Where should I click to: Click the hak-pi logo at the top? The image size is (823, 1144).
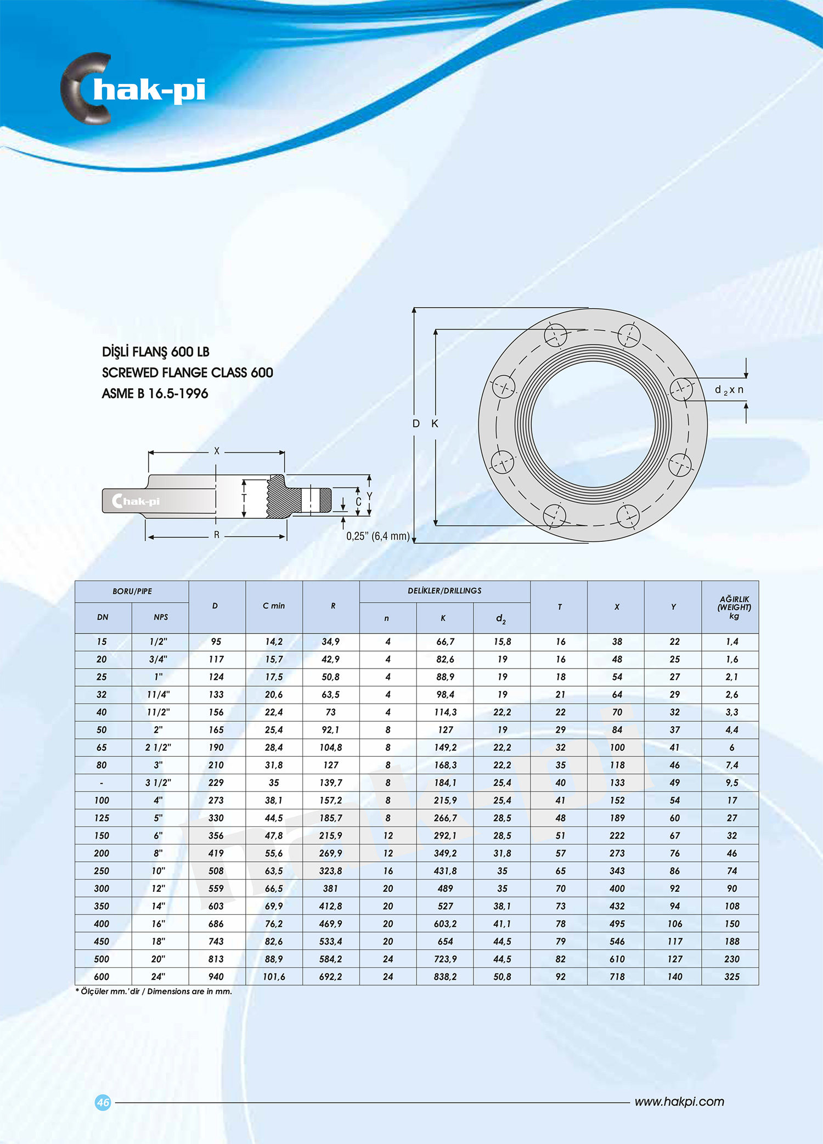(133, 89)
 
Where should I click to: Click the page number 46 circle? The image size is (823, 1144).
(103, 1102)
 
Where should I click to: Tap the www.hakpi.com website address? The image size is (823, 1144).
(679, 1102)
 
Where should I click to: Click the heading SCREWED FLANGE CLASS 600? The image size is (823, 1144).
(187, 373)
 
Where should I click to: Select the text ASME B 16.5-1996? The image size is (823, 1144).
(155, 394)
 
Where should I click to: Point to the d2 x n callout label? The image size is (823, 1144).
(729, 390)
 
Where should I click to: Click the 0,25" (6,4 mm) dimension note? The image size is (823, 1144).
(378, 536)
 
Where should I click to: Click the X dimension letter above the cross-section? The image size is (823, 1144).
(217, 451)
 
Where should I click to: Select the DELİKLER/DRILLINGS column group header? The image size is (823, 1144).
(444, 591)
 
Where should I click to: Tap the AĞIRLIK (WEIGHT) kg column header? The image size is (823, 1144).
(734, 607)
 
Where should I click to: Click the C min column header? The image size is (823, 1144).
(274, 606)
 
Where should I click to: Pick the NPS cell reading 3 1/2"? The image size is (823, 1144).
(158, 783)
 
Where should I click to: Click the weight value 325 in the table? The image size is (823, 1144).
(731, 977)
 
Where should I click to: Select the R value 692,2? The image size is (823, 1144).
(330, 977)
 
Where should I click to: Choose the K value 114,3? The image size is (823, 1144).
(445, 712)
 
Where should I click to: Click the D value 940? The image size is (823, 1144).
(216, 977)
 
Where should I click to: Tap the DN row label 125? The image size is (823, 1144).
(102, 818)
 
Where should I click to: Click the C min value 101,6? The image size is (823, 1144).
(274, 977)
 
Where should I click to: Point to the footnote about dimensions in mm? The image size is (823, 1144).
(154, 992)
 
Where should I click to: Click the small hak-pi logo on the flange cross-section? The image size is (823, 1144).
(136, 501)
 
